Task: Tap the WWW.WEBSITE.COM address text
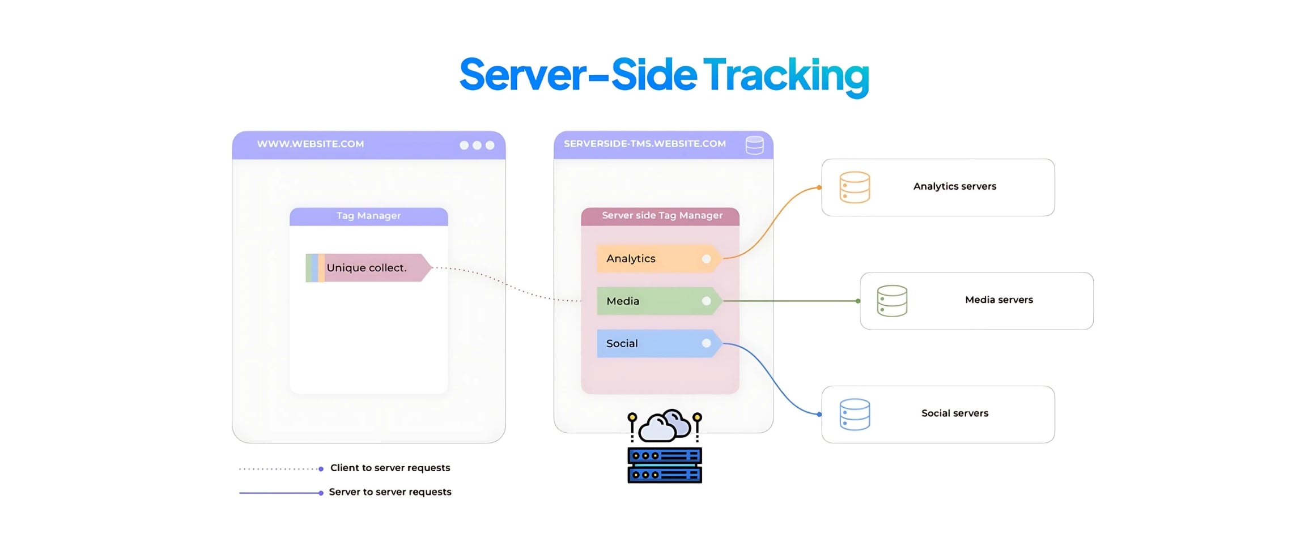pos(311,144)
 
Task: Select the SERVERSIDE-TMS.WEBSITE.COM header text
pos(645,144)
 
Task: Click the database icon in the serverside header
pos(754,145)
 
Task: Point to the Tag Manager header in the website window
pos(368,216)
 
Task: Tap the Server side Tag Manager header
pos(662,216)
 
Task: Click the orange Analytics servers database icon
pos(855,187)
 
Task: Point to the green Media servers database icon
pos(892,301)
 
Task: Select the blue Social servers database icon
pos(855,415)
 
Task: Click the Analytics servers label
pos(954,186)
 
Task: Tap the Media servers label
pos(998,300)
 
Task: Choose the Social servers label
pos(954,413)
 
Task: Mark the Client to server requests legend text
pos(390,468)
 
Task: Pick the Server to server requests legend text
pos(390,492)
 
